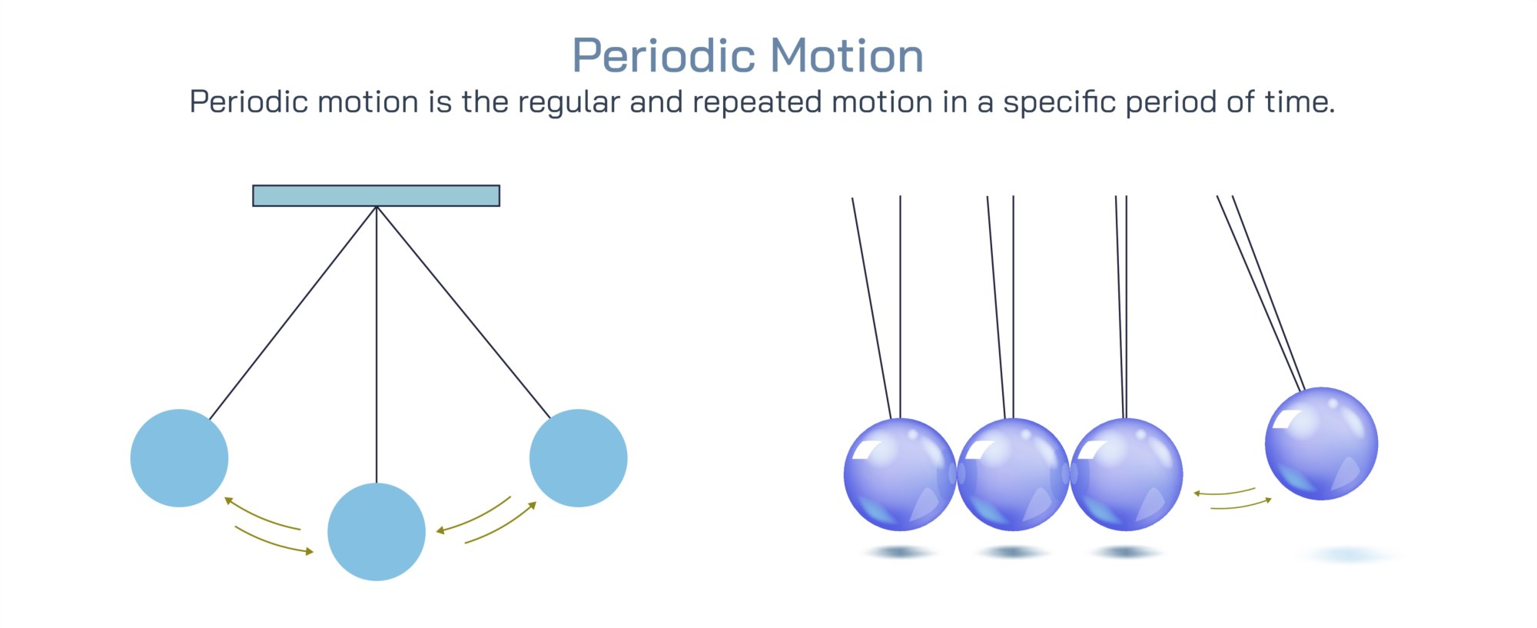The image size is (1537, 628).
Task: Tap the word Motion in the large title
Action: pyautogui.click(x=847, y=56)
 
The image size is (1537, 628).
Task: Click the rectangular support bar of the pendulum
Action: pyautogui.click(x=377, y=195)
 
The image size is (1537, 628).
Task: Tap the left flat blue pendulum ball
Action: pyautogui.click(x=179, y=458)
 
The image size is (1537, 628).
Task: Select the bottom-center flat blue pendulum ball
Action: pyautogui.click(x=377, y=532)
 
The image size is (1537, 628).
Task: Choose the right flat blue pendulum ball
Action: pyautogui.click(x=579, y=458)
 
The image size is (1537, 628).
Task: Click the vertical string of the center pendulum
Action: pyautogui.click(x=377, y=344)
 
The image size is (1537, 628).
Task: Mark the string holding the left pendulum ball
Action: pyautogui.click(x=293, y=313)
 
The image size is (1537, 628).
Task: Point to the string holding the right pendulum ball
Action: pyautogui.click(x=464, y=312)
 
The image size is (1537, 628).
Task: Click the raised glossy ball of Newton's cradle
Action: pyautogui.click(x=1321, y=444)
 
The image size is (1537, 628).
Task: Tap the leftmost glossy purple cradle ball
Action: pyautogui.click(x=900, y=474)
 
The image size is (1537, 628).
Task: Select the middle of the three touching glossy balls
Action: pyautogui.click(x=1013, y=474)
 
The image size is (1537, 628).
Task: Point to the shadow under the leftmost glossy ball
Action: pyautogui.click(x=899, y=552)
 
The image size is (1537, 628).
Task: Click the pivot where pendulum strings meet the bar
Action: pyautogui.click(x=377, y=207)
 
